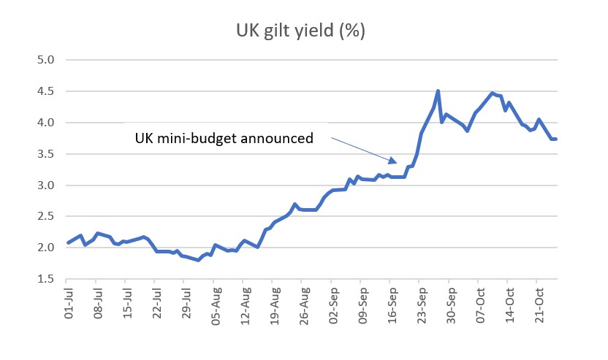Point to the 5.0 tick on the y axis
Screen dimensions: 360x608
(46, 61)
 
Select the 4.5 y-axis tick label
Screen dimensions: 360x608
(46, 92)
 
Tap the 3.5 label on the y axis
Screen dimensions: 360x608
(46, 154)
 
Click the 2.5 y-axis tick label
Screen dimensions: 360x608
(46, 217)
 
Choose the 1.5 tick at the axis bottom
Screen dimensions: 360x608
(46, 279)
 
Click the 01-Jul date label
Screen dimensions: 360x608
(67, 306)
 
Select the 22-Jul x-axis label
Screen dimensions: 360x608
(156, 306)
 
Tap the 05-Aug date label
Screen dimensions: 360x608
(214, 306)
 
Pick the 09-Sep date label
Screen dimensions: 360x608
(361, 306)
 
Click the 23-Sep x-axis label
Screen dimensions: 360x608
(420, 306)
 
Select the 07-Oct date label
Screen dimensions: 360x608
(479, 306)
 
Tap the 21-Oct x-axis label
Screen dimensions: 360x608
(537, 306)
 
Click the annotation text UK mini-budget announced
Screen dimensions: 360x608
(224, 138)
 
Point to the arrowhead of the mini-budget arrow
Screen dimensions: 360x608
(395, 161)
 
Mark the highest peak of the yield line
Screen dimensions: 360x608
(438, 91)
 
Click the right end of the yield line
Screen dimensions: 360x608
(556, 139)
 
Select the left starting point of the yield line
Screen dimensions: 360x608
(67, 243)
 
